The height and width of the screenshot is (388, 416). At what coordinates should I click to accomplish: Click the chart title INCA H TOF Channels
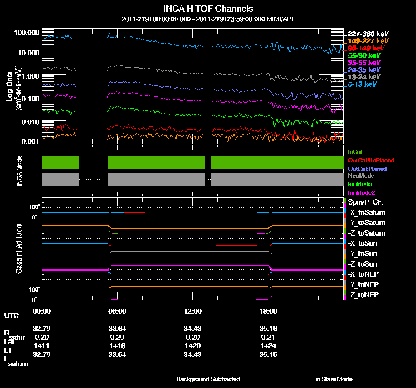pos(208,9)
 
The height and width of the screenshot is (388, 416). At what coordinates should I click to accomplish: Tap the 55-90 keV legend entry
pos(364,55)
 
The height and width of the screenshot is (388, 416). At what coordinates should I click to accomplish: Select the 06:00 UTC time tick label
pos(117,311)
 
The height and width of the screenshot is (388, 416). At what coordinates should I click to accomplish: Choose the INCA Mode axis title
pos(19,171)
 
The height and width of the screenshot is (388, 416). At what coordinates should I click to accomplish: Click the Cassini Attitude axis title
pos(19,248)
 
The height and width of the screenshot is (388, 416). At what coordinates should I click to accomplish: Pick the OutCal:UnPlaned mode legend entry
pos(367,160)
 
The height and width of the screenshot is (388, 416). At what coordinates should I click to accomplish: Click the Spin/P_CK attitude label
pos(364,202)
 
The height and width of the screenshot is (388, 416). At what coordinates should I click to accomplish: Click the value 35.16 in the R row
pos(268,328)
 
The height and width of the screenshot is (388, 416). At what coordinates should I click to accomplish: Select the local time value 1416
pos(117,344)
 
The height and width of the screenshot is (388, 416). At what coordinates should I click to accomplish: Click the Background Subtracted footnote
pos(208,379)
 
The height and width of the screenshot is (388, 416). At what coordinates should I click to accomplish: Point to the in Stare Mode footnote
pos(333,379)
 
